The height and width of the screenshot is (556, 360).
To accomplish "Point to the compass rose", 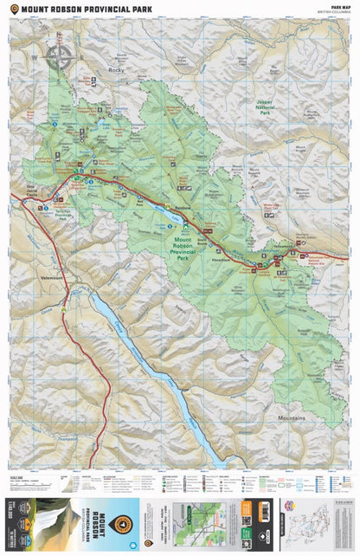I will pyautogui.click(x=58, y=57).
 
